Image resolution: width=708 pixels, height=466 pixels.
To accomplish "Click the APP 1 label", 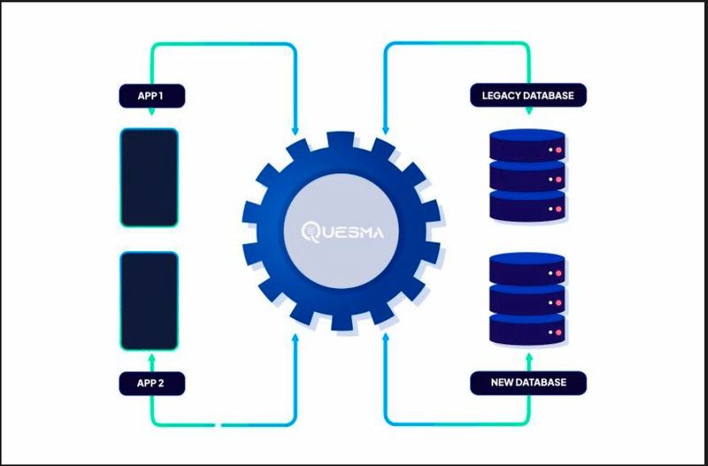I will click(150, 95).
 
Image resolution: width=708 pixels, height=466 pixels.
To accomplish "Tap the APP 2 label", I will click(150, 384).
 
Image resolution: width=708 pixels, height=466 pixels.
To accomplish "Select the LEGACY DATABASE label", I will click(527, 95).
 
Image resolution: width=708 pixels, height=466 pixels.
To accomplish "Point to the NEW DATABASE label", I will click(527, 384).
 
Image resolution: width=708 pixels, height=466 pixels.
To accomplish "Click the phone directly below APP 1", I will click(150, 177).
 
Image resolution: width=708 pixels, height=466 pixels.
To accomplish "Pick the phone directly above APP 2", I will click(150, 301).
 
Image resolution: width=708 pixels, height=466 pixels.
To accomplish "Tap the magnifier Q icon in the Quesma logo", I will click(311, 233).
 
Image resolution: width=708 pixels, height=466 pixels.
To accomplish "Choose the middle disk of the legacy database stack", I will click(527, 180).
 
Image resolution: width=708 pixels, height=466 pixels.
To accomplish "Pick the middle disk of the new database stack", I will click(527, 301).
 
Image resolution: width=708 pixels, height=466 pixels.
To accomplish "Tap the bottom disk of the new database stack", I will click(527, 328).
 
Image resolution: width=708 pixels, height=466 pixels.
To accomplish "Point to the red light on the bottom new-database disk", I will click(558, 331).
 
